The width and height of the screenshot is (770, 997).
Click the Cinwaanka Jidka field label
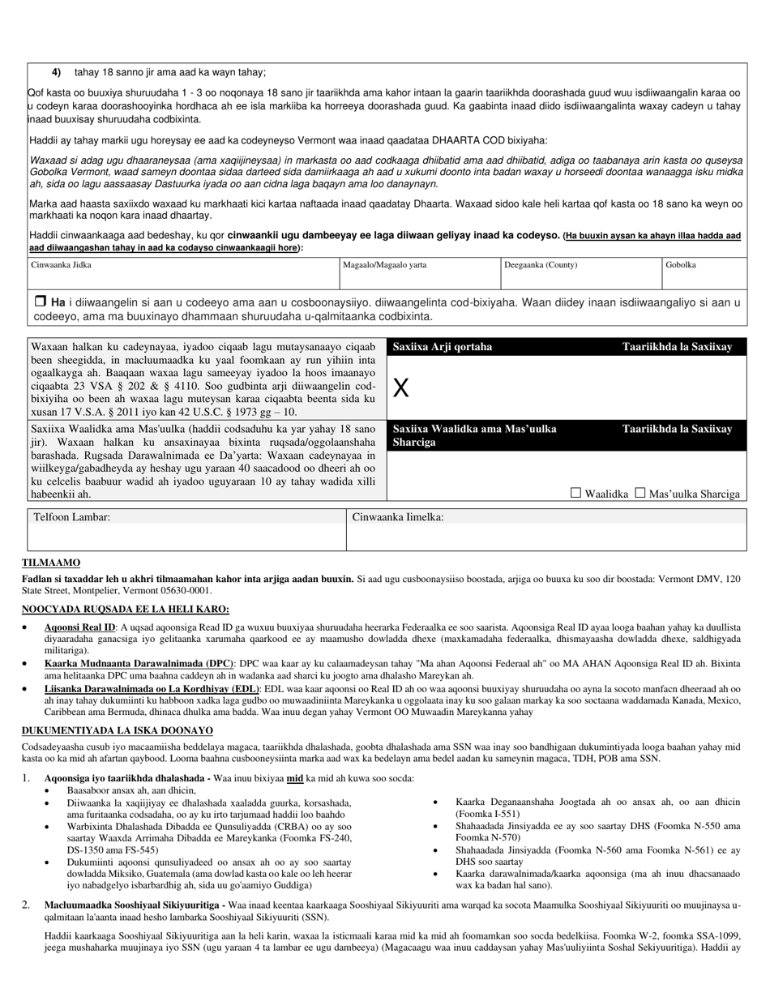61,265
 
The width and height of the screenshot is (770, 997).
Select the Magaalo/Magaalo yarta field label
384,265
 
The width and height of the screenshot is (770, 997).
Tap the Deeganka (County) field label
541,265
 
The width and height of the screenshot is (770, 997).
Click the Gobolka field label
680,265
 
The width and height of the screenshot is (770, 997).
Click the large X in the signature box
400,388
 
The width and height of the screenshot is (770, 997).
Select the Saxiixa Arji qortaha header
442,347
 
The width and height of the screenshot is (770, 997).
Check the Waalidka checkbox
576,492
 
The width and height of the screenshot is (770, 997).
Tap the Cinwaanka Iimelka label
397,516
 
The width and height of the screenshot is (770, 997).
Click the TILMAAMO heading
50,563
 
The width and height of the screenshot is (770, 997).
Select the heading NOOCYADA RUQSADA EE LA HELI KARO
125,610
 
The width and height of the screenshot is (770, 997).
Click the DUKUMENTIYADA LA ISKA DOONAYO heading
117,730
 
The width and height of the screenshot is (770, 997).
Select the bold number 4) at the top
57,72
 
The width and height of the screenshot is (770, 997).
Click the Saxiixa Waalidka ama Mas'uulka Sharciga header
474,435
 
